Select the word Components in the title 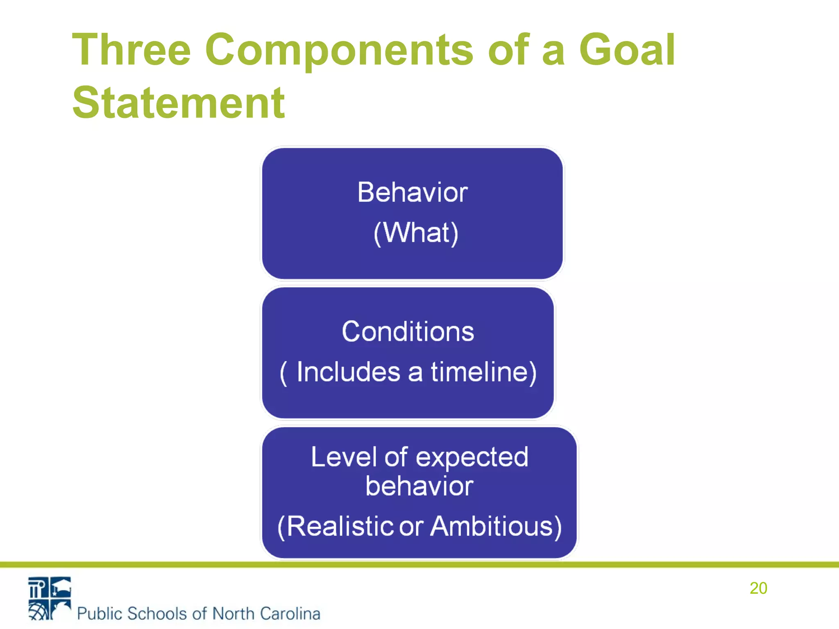339,50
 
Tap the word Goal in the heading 627,50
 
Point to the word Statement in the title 178,103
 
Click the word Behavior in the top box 413,192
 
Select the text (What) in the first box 416,233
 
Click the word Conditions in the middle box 408,331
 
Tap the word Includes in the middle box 348,372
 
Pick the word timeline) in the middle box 483,372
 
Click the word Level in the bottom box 343,457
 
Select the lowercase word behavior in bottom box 419,486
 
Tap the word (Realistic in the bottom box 335,526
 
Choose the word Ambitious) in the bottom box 496,526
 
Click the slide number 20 758,588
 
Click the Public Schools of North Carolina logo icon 50,598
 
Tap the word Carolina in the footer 290,613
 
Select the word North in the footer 234,613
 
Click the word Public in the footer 100,613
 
